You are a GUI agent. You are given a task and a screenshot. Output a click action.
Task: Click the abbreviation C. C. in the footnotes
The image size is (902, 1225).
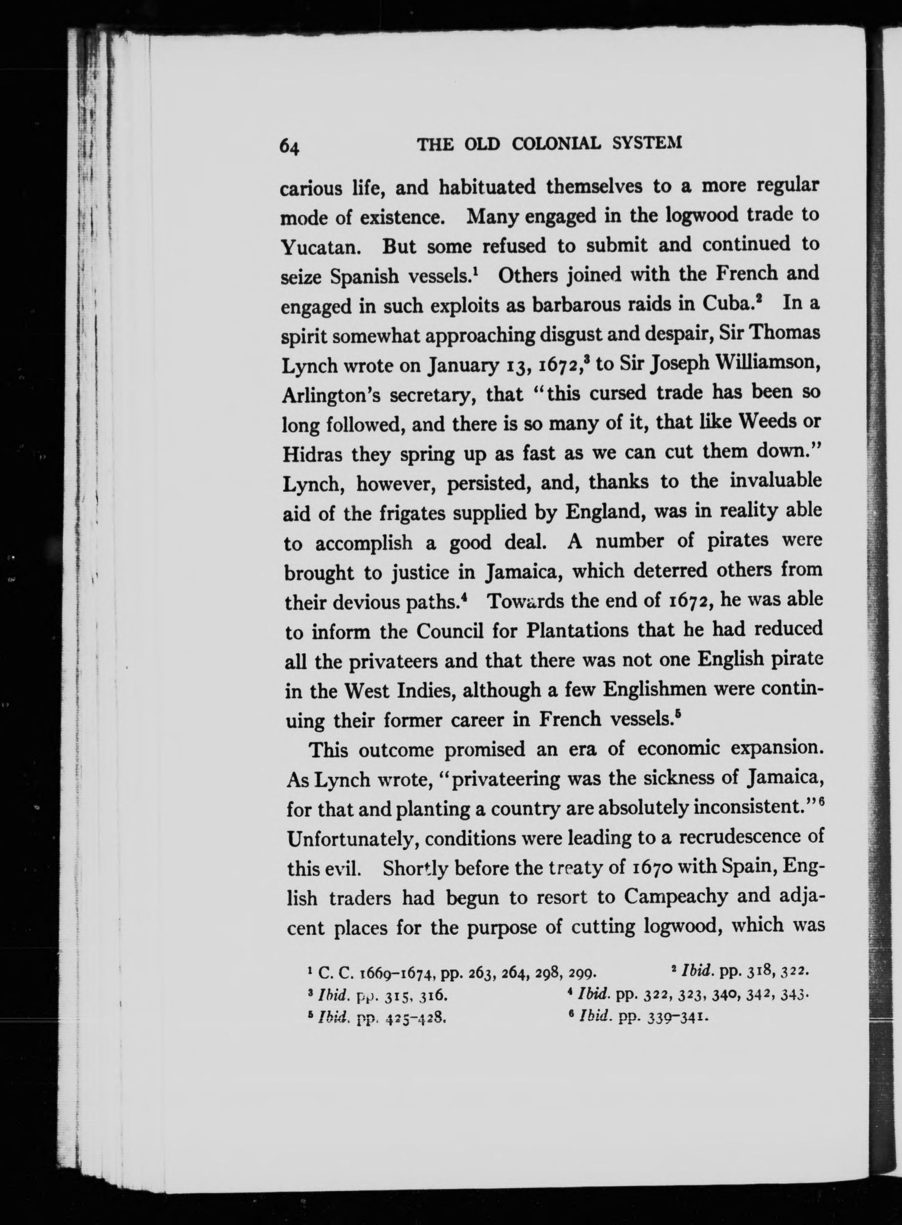[329, 972]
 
